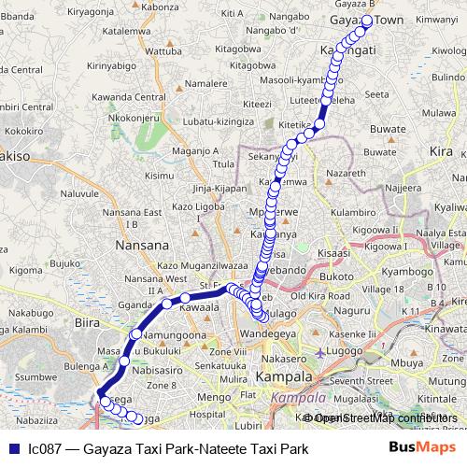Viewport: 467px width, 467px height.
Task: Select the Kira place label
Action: (x=440, y=150)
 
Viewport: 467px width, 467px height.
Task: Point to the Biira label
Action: (x=85, y=321)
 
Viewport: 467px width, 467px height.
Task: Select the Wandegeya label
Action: (x=266, y=333)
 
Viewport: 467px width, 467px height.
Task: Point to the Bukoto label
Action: (x=337, y=277)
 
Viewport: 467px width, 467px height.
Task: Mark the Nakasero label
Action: (x=284, y=358)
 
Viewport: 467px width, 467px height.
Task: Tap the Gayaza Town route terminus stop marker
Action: (x=367, y=21)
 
